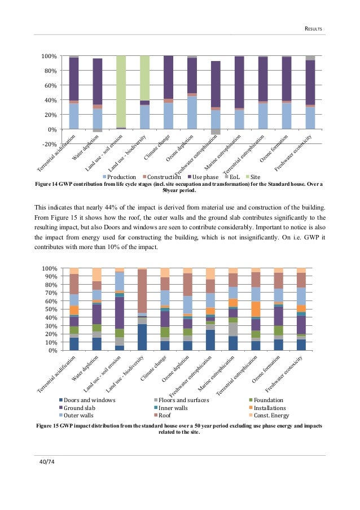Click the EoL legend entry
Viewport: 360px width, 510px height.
coord(218,176)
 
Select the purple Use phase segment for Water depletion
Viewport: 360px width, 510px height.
coord(98,81)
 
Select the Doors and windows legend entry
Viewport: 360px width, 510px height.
coord(83,400)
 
